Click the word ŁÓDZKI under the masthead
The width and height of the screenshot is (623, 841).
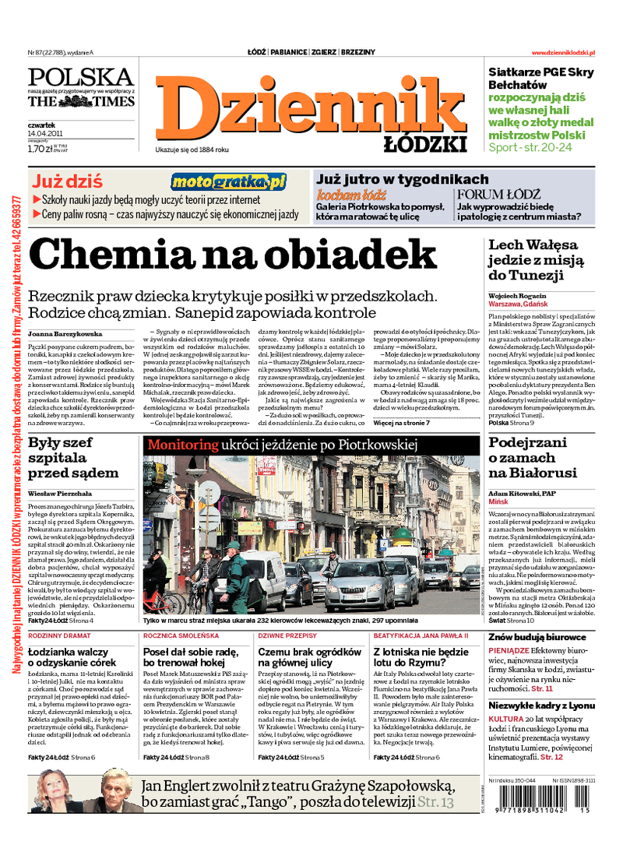(x=425, y=144)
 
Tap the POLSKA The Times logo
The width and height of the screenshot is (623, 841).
(x=81, y=87)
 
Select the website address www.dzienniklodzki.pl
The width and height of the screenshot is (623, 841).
(x=563, y=52)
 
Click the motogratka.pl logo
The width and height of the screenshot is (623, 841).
(x=229, y=182)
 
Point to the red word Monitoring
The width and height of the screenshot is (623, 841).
(x=183, y=445)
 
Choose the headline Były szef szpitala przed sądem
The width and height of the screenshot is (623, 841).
(x=73, y=457)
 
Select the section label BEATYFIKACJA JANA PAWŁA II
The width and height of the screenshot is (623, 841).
(x=421, y=635)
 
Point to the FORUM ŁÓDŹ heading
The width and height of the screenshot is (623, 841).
(x=498, y=194)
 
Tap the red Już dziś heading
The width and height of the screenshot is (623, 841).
(x=67, y=182)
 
